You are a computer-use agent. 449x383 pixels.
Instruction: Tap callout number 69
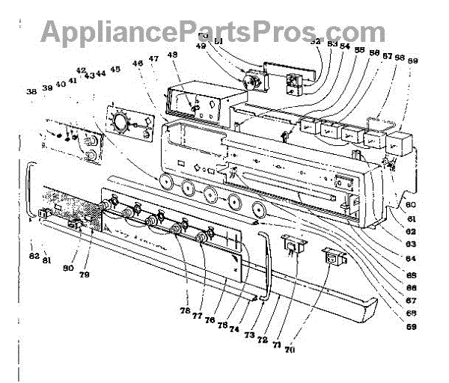pos(413,326)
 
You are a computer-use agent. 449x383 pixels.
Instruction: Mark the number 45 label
pos(114,70)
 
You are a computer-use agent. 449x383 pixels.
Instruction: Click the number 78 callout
pos(184,310)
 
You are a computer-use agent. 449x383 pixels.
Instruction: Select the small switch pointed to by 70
pos(335,259)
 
